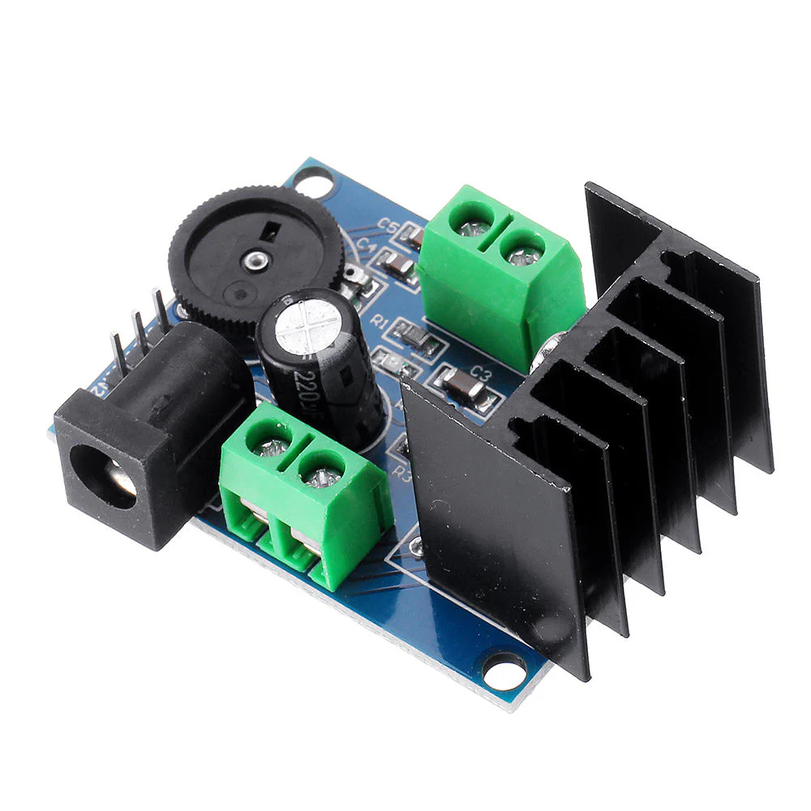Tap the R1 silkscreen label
click(x=378, y=321)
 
